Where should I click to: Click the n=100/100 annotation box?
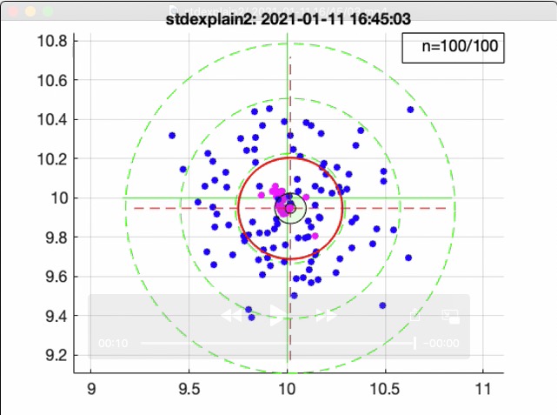[453, 47]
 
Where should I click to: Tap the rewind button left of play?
[232, 316]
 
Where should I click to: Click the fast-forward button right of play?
[326, 316]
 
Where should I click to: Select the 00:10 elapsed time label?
[114, 344]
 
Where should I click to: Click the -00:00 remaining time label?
[442, 344]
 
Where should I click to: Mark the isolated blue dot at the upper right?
[410, 110]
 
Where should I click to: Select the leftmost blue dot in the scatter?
[172, 136]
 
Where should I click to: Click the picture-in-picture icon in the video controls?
[450, 317]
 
